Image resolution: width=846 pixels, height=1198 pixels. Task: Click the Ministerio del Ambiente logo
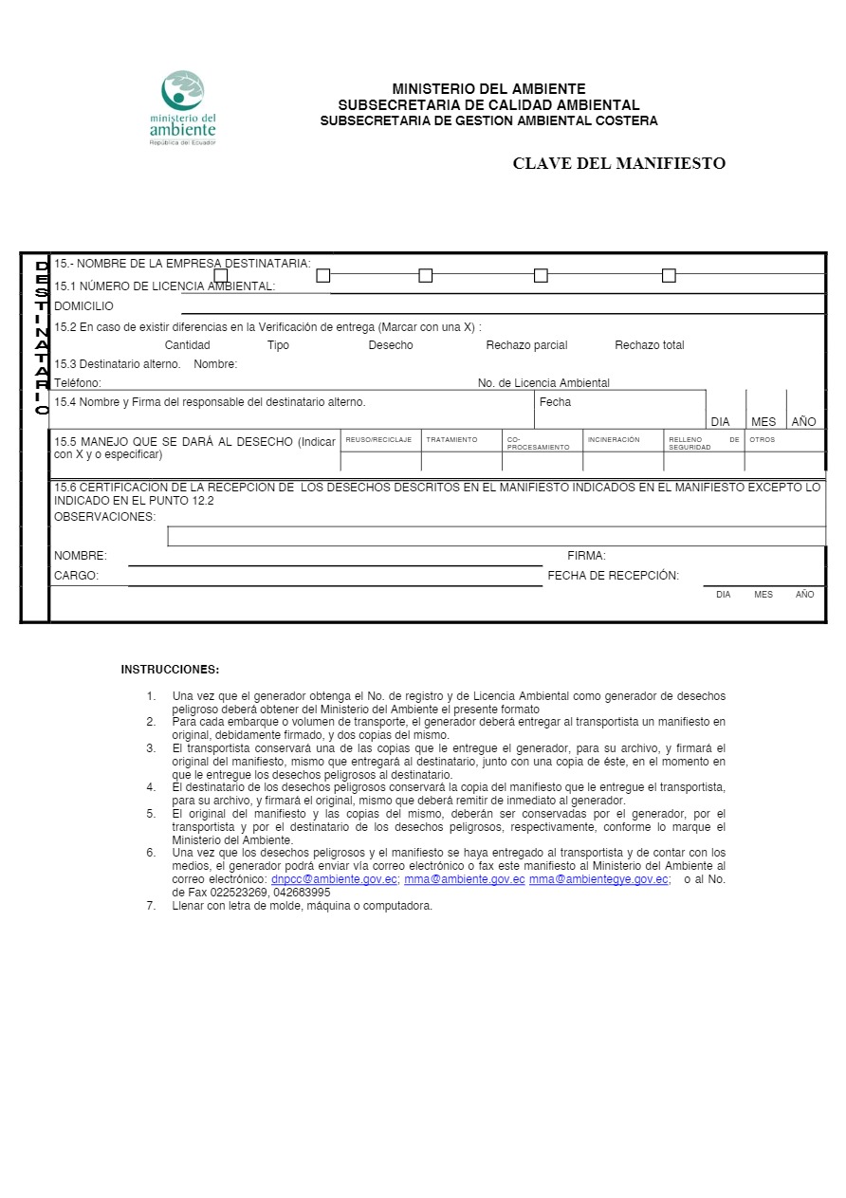(x=183, y=107)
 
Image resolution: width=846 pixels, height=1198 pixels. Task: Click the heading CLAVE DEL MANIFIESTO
(x=618, y=163)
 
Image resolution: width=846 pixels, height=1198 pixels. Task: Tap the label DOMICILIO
(x=83, y=306)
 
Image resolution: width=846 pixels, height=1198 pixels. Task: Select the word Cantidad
(x=187, y=345)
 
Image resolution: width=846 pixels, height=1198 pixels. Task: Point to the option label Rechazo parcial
(x=526, y=345)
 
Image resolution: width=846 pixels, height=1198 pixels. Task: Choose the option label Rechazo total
(x=649, y=345)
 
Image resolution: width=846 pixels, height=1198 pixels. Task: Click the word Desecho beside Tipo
(x=391, y=345)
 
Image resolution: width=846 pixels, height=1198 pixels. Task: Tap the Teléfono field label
(x=78, y=383)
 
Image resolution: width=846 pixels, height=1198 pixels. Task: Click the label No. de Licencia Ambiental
(x=543, y=383)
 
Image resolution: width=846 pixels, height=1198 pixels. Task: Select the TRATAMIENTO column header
(x=451, y=440)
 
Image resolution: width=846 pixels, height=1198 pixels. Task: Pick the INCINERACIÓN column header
(x=614, y=440)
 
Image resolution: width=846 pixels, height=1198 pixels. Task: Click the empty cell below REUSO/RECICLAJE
(x=380, y=462)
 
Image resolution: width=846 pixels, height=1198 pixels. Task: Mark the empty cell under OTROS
(x=783, y=462)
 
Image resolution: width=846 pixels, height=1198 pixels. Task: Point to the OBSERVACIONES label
(x=104, y=517)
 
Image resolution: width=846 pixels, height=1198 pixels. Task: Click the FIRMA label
(x=586, y=556)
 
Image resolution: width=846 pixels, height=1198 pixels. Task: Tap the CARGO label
(x=76, y=576)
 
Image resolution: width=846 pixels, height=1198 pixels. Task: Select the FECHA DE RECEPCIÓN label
(x=613, y=576)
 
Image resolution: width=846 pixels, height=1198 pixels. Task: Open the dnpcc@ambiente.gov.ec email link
(x=334, y=879)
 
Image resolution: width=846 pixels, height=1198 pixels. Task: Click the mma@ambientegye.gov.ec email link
(x=598, y=879)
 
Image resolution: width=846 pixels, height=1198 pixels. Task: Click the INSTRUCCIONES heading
(x=170, y=670)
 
